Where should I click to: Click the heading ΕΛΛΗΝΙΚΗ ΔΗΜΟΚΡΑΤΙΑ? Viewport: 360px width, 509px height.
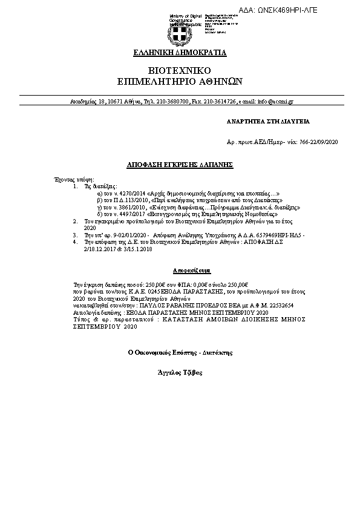click(x=180, y=53)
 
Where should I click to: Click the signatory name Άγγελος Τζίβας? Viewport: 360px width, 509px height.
click(x=180, y=372)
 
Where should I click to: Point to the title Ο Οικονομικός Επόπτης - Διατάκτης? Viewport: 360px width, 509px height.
click(x=180, y=351)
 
